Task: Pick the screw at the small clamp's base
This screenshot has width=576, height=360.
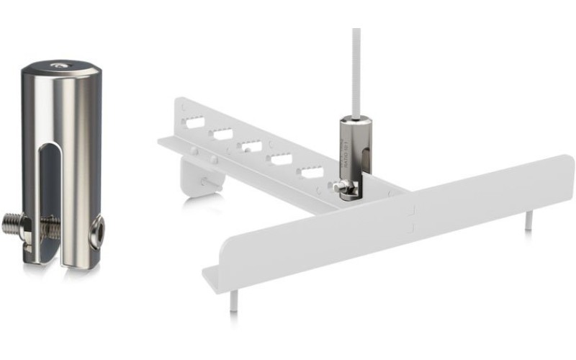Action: point(342,189)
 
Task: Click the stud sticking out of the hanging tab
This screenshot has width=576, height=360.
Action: point(210,182)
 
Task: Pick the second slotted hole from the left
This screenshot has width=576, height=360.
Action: point(222,134)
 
